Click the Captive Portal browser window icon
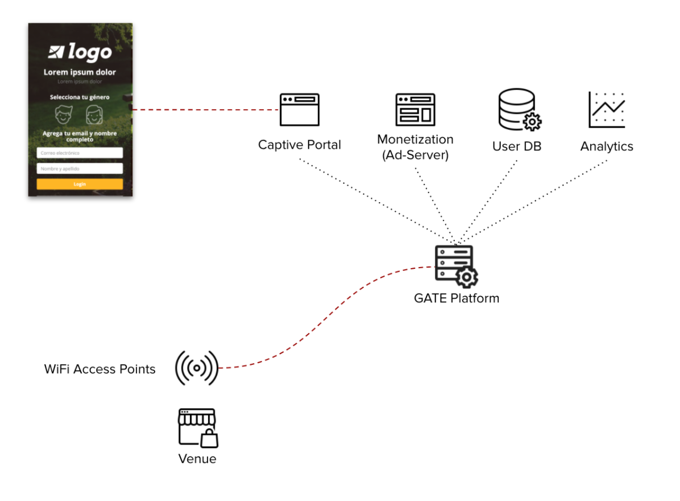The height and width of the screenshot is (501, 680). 300,110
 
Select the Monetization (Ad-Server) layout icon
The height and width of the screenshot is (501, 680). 415,110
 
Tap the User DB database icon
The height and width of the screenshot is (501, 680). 519,110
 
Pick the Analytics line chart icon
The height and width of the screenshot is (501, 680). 607,110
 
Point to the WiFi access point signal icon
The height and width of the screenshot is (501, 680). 197,368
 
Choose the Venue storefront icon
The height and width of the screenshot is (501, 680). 197,428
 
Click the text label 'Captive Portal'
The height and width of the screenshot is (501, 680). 300,145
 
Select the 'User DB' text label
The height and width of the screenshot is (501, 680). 517,146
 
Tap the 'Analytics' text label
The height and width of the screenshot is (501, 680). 607,146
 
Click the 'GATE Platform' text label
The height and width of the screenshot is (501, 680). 457,298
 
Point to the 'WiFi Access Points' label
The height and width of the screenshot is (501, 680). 100,369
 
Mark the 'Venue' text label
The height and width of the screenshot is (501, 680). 197,459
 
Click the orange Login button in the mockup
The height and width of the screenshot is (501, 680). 80,184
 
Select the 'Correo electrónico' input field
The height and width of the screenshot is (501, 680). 80,153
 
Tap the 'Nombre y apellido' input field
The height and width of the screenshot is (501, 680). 80,169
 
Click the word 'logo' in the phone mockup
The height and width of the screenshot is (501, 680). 90,52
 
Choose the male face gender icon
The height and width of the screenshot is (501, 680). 64,114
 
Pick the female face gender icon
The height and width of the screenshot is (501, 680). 95,114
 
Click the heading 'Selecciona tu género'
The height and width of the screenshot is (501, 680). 80,97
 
